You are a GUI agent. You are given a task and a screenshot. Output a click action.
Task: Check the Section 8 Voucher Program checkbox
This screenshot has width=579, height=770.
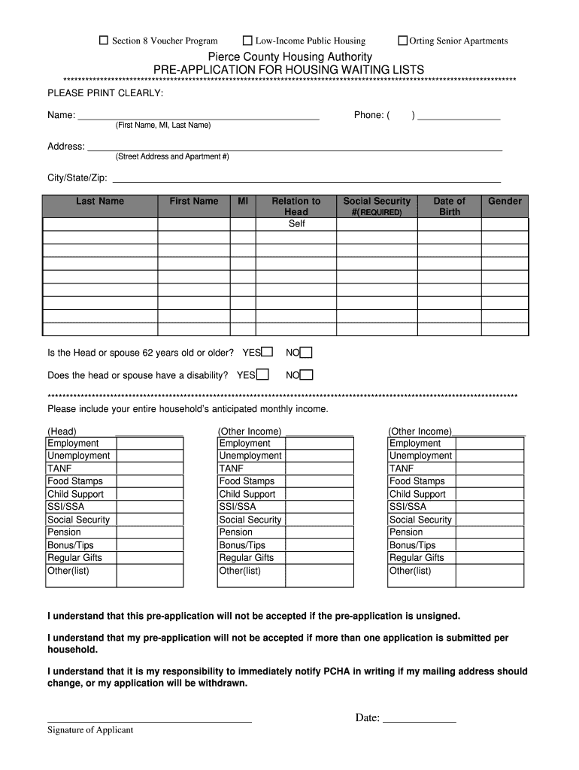(105, 41)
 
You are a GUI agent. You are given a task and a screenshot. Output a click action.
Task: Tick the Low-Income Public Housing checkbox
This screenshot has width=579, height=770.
(247, 41)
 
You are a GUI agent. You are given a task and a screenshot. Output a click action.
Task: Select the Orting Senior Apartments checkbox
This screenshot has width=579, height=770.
(403, 41)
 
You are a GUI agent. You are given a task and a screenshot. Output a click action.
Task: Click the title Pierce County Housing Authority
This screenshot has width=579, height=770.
(289, 57)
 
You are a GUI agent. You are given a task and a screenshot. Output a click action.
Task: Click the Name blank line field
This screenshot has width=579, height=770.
(199, 115)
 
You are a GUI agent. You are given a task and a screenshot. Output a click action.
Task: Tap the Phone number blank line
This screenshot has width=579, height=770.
(459, 115)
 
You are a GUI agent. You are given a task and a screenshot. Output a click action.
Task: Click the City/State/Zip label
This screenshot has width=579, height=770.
(77, 178)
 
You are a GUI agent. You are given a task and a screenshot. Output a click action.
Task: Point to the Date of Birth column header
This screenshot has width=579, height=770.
(449, 206)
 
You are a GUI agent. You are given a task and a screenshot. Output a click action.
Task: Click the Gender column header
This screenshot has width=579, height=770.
(505, 201)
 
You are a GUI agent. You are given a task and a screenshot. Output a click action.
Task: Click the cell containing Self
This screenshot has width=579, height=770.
(296, 224)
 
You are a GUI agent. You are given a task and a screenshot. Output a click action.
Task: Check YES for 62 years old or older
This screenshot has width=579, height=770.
(267, 352)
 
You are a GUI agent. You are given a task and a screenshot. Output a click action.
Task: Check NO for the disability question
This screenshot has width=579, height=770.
(307, 374)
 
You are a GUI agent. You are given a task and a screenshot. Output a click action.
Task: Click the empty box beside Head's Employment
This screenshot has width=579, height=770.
(149, 444)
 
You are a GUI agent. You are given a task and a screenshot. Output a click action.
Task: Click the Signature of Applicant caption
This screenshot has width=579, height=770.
(90, 730)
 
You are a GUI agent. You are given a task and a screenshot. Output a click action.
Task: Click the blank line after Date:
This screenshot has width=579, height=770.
(420, 717)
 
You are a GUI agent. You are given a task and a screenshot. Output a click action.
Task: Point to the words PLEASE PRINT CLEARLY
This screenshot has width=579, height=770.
(105, 92)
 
